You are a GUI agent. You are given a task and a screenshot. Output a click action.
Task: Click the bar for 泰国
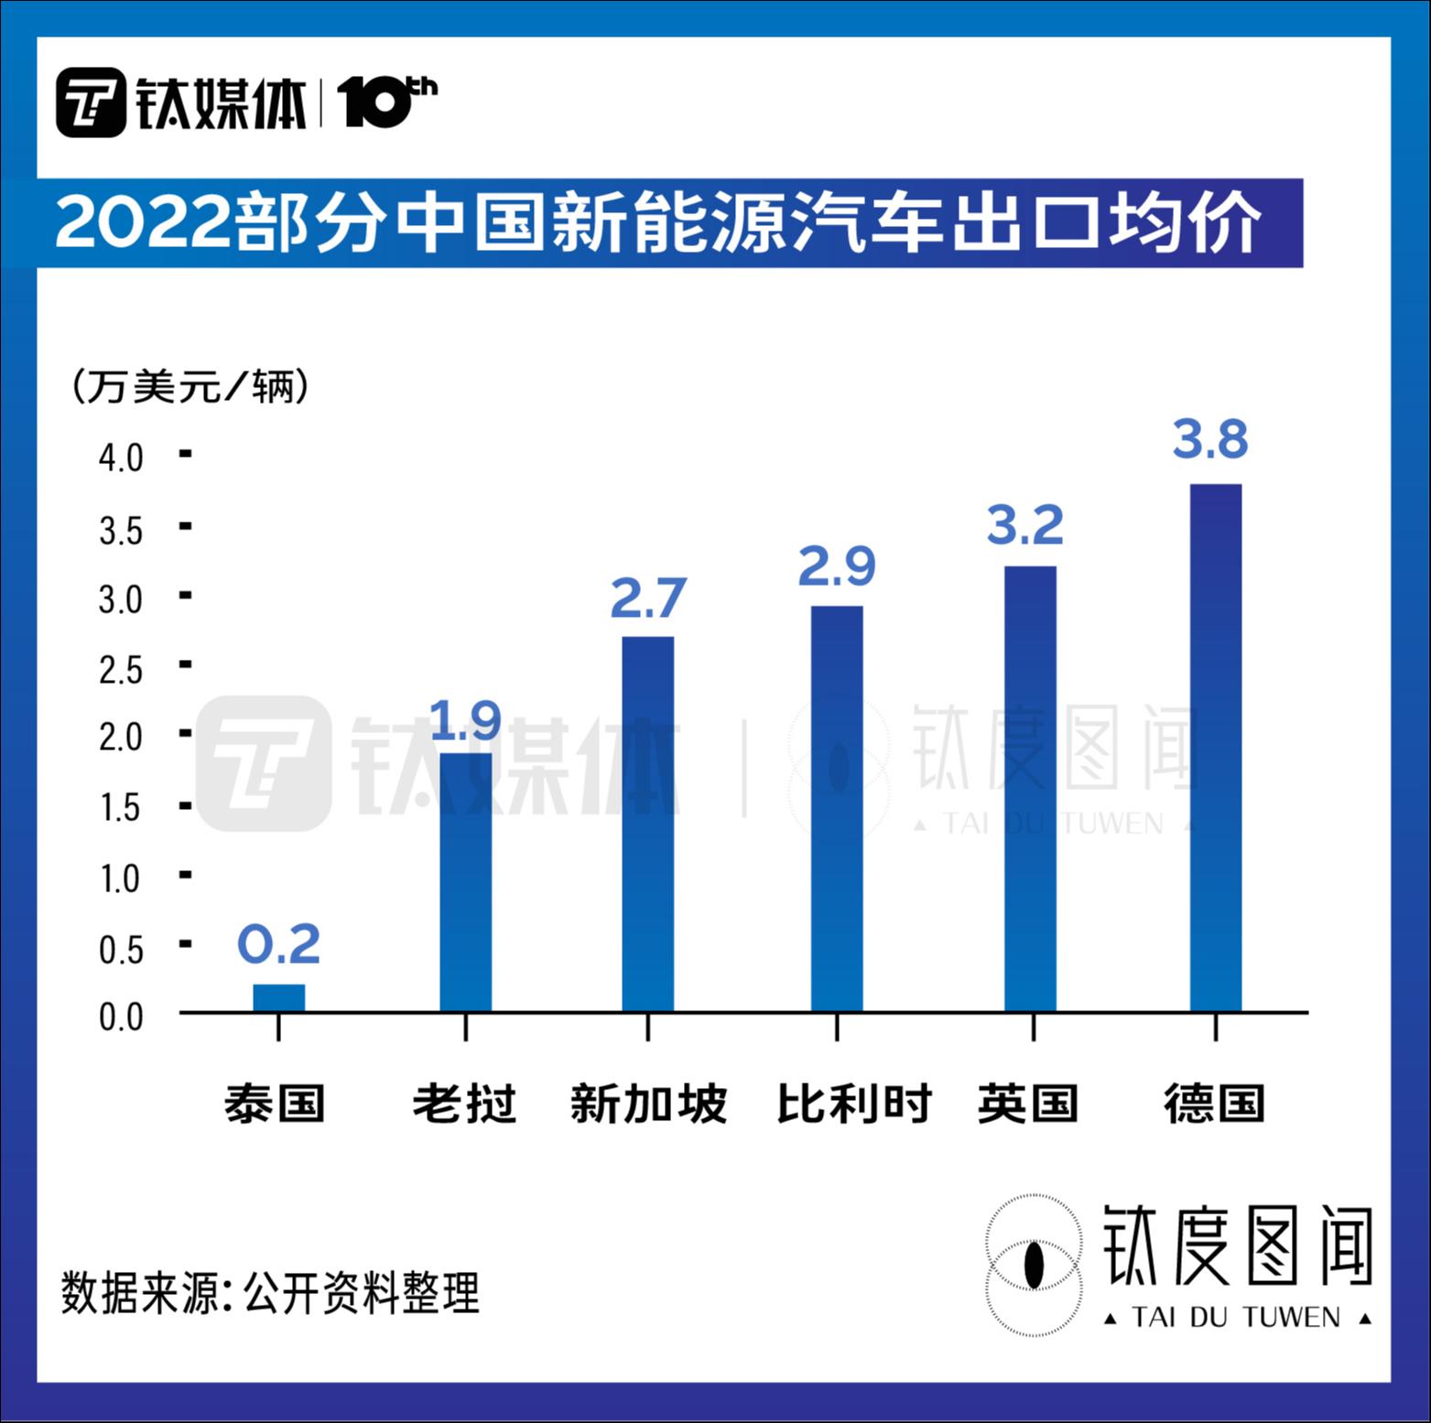tap(279, 997)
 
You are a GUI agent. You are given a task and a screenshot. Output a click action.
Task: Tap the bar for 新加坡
tap(647, 824)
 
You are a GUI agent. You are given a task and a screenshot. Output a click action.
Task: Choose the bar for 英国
tap(1030, 788)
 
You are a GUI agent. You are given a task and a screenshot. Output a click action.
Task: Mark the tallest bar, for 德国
tap(1215, 747)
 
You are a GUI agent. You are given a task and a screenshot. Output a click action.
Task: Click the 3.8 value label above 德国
tap(1210, 439)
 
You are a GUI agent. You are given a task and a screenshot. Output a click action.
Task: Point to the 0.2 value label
tap(278, 944)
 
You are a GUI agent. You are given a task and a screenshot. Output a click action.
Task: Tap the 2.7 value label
tap(647, 599)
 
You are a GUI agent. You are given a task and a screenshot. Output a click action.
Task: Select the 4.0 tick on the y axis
tap(121, 458)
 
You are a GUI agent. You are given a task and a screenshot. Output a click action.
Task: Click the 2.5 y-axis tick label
tap(121, 670)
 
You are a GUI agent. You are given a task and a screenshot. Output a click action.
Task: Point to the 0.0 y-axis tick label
tap(121, 1017)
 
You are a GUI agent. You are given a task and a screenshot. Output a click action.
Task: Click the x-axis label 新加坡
tap(648, 1104)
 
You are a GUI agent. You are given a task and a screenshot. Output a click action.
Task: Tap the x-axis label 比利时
tap(853, 1104)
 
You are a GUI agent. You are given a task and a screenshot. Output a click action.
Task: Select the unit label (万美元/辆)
tap(190, 387)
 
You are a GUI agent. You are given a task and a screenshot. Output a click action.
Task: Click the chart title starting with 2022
tap(657, 222)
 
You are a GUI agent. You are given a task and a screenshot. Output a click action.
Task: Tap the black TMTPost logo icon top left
tap(91, 102)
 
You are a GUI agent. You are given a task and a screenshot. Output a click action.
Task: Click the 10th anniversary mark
tap(386, 102)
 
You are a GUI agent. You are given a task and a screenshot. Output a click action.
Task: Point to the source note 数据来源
tap(270, 1292)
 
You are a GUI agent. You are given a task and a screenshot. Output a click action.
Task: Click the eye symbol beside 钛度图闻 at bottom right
tap(1034, 1265)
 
